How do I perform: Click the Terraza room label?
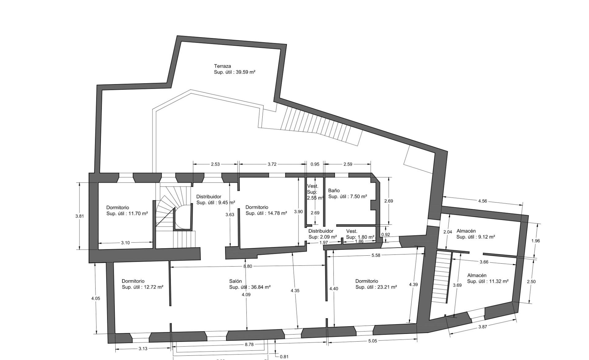[x=222, y=66]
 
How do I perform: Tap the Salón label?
[x=235, y=281]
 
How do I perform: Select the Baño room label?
[x=334, y=191]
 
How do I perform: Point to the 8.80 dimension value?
[x=248, y=266]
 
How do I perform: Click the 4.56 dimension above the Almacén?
[x=483, y=201]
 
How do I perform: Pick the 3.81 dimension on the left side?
[x=79, y=216]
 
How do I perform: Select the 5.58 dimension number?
[x=376, y=255]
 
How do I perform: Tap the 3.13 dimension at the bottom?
[x=143, y=349]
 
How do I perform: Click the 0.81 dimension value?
[x=284, y=357]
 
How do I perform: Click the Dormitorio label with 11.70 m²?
[x=117, y=207]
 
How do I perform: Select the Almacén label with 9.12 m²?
[x=466, y=231]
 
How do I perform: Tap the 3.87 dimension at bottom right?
[x=483, y=327]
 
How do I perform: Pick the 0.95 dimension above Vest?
[x=315, y=164]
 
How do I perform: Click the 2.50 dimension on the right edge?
[x=531, y=282]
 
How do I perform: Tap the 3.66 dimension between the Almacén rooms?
[x=484, y=262]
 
